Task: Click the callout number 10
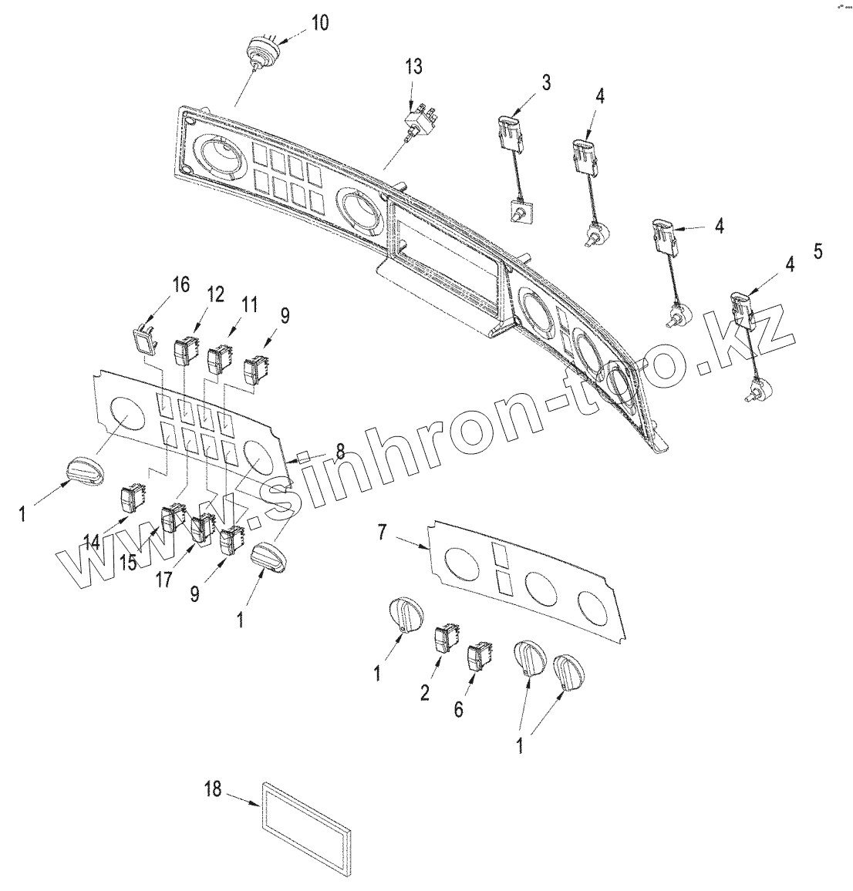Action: pyautogui.click(x=319, y=22)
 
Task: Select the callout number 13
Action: pyautogui.click(x=414, y=66)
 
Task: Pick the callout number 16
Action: pyautogui.click(x=180, y=284)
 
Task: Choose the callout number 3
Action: pyautogui.click(x=545, y=82)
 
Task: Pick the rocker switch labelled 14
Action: pyautogui.click(x=132, y=499)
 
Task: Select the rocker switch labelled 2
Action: pyautogui.click(x=446, y=640)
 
